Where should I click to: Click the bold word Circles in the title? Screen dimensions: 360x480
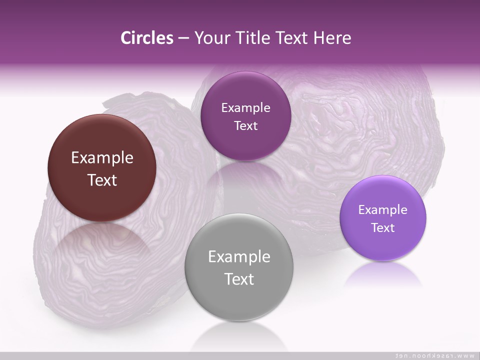click(147, 38)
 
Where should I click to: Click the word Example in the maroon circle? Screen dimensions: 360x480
click(102, 158)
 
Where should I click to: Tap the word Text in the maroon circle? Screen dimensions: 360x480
click(102, 180)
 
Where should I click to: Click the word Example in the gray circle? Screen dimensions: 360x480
click(239, 257)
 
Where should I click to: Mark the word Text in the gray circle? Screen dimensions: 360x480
click(239, 279)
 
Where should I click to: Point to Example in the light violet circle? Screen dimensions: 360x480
click(383, 210)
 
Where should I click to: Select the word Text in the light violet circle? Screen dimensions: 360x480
click(383, 228)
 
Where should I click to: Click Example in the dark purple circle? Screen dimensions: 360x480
click(245, 108)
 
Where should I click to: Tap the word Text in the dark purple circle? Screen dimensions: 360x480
click(245, 126)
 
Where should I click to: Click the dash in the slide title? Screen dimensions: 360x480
click(183, 38)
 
